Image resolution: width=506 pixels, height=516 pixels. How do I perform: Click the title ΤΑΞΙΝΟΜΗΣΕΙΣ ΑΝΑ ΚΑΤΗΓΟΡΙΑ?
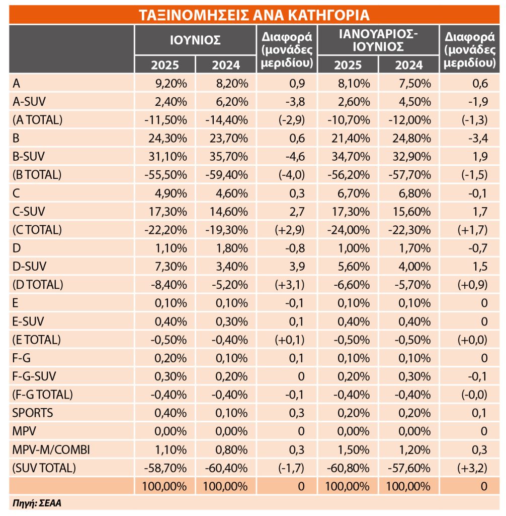click(x=254, y=15)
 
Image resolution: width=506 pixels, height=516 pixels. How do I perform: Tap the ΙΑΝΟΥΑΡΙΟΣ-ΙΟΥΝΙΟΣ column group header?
click(x=378, y=40)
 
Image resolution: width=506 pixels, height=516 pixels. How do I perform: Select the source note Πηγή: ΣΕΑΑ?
click(x=37, y=503)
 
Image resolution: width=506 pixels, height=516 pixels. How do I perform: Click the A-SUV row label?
click(x=29, y=102)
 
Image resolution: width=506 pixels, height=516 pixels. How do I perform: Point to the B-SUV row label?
click(x=29, y=156)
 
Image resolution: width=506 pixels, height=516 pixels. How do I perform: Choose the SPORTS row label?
click(x=33, y=413)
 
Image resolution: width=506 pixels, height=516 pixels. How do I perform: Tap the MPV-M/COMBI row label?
click(x=51, y=449)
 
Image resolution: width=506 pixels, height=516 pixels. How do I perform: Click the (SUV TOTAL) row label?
click(x=44, y=468)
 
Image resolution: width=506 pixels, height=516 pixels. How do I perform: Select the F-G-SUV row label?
click(x=34, y=376)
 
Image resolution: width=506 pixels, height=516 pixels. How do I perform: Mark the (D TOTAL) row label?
click(x=38, y=285)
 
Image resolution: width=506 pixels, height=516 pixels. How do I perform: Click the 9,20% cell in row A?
click(x=171, y=84)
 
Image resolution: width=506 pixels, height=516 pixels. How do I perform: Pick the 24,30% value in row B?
click(x=167, y=138)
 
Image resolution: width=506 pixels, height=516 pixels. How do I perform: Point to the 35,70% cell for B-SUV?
click(x=229, y=156)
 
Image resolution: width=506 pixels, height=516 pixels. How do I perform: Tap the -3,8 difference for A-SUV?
click(x=295, y=102)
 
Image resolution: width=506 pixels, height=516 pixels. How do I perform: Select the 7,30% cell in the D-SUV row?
click(x=171, y=266)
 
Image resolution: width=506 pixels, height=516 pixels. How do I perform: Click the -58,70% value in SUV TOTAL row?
click(x=165, y=468)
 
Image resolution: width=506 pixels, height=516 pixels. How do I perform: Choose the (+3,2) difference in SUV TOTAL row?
click(x=472, y=468)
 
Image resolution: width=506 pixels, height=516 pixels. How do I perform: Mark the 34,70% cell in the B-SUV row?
click(x=351, y=156)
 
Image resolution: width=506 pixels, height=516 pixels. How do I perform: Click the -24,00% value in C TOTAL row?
click(x=349, y=230)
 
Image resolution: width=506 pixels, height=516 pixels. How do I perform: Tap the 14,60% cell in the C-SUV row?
click(x=229, y=211)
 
